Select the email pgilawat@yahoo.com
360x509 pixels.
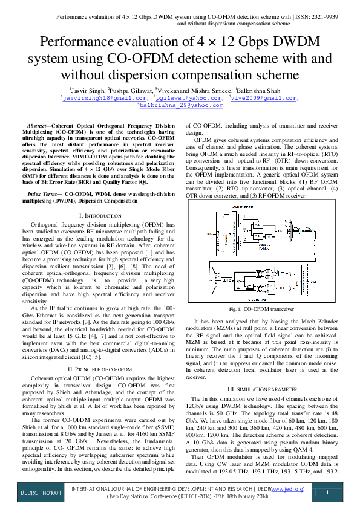pyautogui.click(x=189, y=97)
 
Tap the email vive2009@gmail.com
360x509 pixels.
pyautogui.click(x=265, y=97)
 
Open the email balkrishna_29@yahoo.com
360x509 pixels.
pyautogui.click(x=182, y=105)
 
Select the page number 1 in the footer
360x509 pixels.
pyautogui.click(x=327, y=493)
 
